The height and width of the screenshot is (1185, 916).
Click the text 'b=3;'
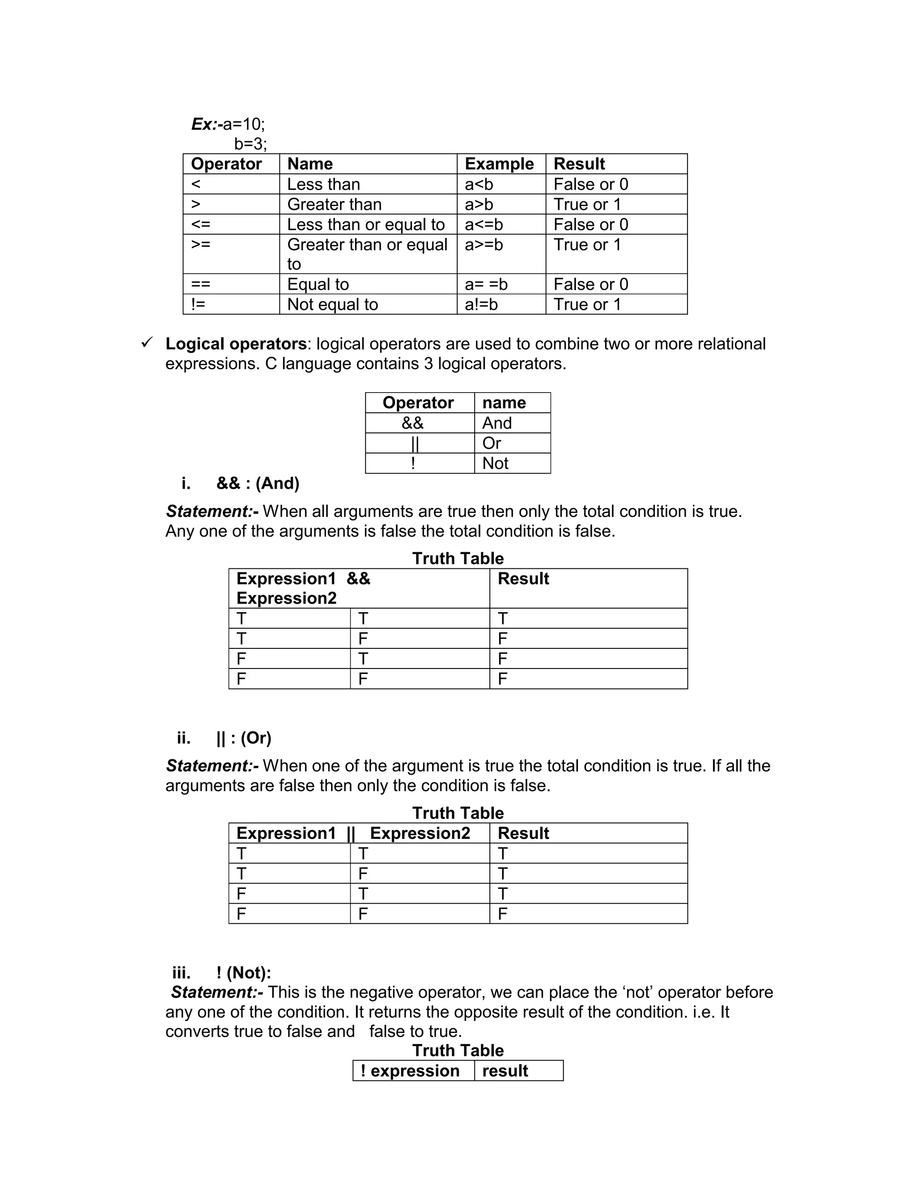pos(250,144)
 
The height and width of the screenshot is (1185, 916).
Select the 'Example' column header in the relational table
pos(499,164)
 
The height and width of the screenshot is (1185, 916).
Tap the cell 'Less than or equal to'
pos(366,224)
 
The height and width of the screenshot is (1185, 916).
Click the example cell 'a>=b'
pos(483,245)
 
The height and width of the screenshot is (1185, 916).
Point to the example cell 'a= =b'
pos(486,284)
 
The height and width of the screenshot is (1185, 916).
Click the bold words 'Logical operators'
pos(236,344)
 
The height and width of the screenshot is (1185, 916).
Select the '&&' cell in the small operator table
pos(412,423)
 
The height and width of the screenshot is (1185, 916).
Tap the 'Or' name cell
pos(491,443)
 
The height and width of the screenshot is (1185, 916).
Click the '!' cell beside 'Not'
pos(413,463)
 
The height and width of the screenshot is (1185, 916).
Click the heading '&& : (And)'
pos(258,483)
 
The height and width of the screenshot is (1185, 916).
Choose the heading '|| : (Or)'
pos(244,738)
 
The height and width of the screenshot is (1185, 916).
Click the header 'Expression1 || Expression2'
pos(353,834)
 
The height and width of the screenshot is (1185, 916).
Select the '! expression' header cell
pos(410,1071)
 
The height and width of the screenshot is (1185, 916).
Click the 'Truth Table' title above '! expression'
pos(458,1050)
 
